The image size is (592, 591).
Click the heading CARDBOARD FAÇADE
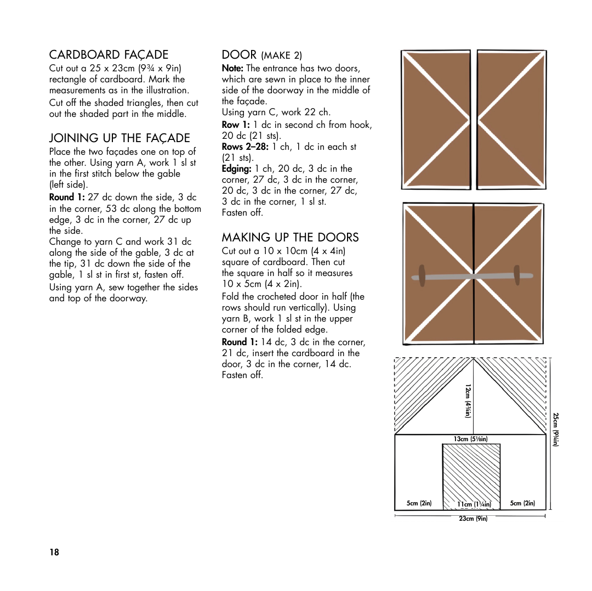(x=109, y=54)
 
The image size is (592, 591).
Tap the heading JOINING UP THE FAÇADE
(x=119, y=138)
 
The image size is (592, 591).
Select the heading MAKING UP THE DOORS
(x=290, y=237)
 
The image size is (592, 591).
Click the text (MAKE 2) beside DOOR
(x=281, y=55)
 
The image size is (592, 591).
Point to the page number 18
(x=54, y=552)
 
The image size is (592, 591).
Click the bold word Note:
(x=232, y=69)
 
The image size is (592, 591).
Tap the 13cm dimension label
(x=470, y=439)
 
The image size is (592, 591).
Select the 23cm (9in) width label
(x=473, y=519)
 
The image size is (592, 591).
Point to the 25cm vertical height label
(x=555, y=429)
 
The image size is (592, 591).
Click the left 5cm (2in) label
(x=419, y=503)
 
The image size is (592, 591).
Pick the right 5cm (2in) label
(x=522, y=503)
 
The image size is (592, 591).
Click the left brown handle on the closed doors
(x=422, y=275)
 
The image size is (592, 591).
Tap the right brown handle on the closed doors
(x=517, y=275)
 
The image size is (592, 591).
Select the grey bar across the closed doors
(x=472, y=277)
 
